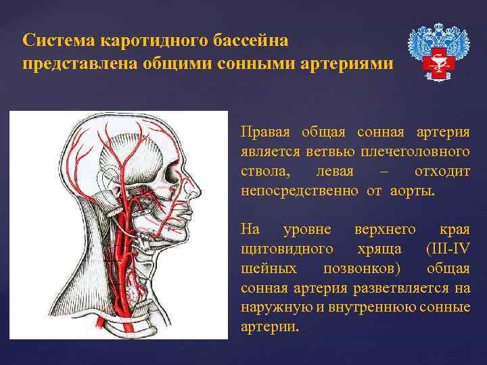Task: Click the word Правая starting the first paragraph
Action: pyautogui.click(x=265, y=132)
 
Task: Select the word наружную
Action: pyautogui.click(x=269, y=308)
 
